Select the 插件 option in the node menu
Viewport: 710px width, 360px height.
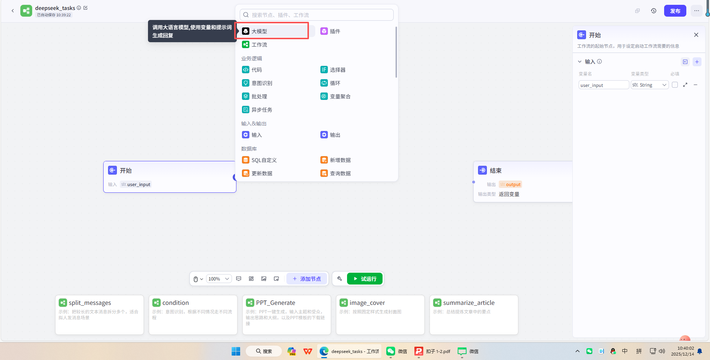tap(334, 31)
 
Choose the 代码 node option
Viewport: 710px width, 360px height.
tap(256, 70)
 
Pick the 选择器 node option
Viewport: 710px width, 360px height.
tap(337, 70)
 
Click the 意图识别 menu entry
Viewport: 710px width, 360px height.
tap(262, 83)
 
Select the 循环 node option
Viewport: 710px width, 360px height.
tap(334, 83)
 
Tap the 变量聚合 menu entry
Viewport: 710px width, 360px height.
tap(340, 97)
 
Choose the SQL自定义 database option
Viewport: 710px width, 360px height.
tap(264, 160)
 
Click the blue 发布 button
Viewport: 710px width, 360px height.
tap(675, 11)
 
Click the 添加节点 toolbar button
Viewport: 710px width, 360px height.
tap(307, 279)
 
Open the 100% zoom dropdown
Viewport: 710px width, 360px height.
tap(219, 279)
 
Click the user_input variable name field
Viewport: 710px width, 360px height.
tap(603, 85)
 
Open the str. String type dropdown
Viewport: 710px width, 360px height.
tap(649, 85)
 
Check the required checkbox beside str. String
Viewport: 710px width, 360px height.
tap(675, 85)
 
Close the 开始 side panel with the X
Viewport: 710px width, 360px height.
tap(696, 35)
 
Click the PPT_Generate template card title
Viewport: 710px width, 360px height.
tap(276, 303)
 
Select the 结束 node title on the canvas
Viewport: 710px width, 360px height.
tap(495, 171)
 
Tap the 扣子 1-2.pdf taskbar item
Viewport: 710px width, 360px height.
tap(433, 351)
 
